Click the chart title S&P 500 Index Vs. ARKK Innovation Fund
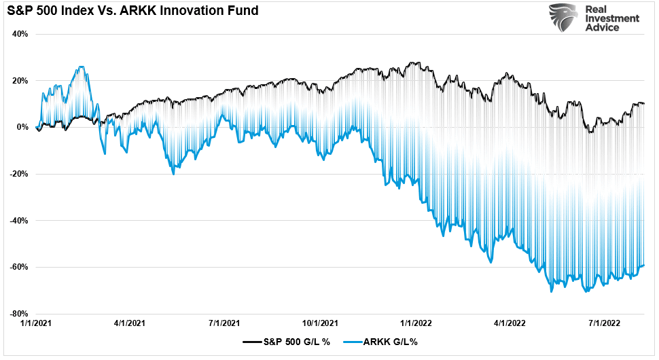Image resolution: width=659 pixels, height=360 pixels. tap(132, 12)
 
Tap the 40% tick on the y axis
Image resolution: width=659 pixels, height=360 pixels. tap(20, 34)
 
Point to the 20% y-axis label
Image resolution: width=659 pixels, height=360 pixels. tap(20, 80)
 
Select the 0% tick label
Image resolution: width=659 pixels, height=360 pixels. tap(22, 127)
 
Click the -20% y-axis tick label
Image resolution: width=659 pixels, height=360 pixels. tap(18, 174)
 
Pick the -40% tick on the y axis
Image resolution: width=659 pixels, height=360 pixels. tap(18, 221)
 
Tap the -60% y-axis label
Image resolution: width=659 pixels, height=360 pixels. tap(18, 267)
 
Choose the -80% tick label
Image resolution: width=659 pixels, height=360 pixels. tap(18, 314)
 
